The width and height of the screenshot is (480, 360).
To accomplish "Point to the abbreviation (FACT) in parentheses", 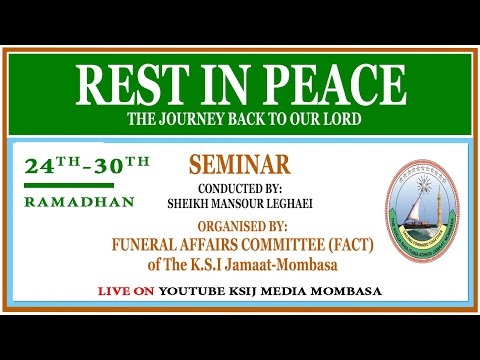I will point(341,242).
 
